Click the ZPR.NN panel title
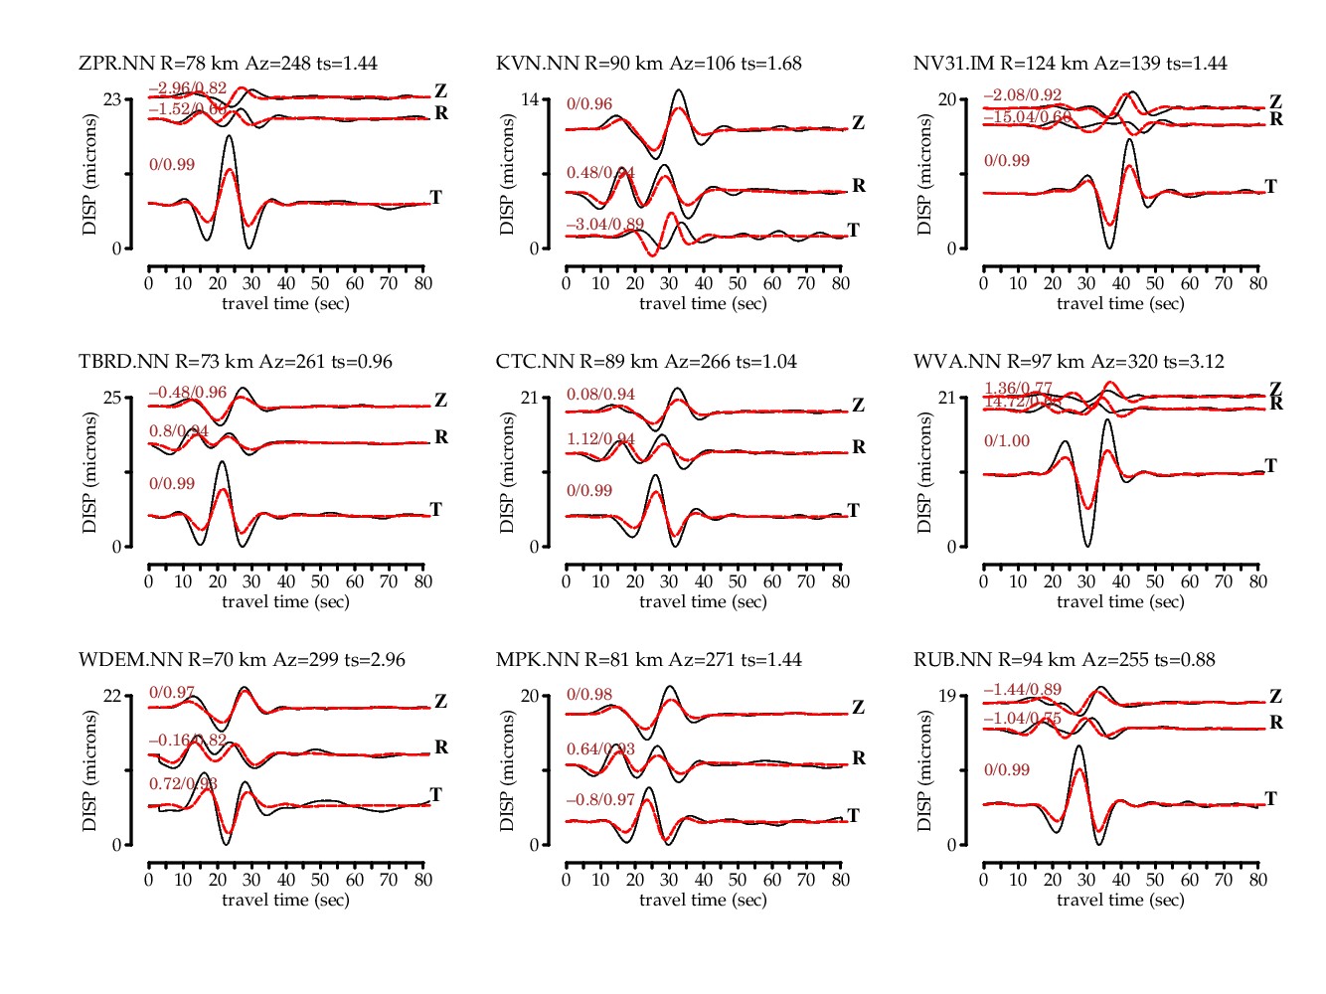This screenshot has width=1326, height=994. tap(228, 64)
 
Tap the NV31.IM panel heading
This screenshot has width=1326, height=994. tap(1070, 64)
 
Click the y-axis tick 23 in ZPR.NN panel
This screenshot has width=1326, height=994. tap(112, 99)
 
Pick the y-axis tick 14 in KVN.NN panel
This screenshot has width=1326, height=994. tap(530, 99)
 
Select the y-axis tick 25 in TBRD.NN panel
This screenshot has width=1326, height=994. tap(112, 398)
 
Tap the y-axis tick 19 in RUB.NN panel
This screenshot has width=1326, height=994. tap(947, 696)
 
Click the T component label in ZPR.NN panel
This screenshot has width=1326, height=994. tap(435, 197)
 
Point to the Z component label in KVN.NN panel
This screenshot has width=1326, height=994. tap(858, 123)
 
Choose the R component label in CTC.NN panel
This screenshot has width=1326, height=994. tap(859, 447)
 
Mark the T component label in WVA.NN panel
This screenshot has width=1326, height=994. tap(1270, 465)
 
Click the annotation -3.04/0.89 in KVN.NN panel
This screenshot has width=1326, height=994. tap(605, 225)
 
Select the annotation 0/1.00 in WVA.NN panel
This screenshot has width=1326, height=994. tap(1007, 441)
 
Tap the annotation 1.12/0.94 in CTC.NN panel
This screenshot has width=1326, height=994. tap(600, 439)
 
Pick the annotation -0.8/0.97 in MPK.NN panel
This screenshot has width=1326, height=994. tap(600, 800)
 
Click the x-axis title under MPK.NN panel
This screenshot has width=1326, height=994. tap(703, 900)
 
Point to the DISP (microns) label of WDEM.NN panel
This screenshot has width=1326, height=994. tap(90, 770)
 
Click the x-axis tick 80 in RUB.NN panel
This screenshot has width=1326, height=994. tap(1257, 880)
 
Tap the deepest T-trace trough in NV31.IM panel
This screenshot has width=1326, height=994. tap(1109, 248)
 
